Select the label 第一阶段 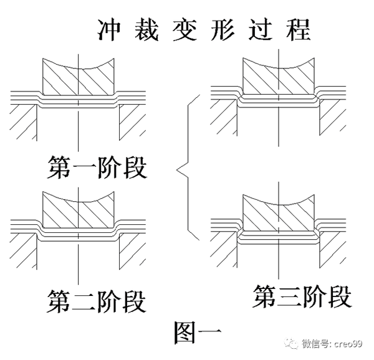point(97,166)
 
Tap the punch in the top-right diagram point(278,77)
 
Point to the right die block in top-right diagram point(332,118)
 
